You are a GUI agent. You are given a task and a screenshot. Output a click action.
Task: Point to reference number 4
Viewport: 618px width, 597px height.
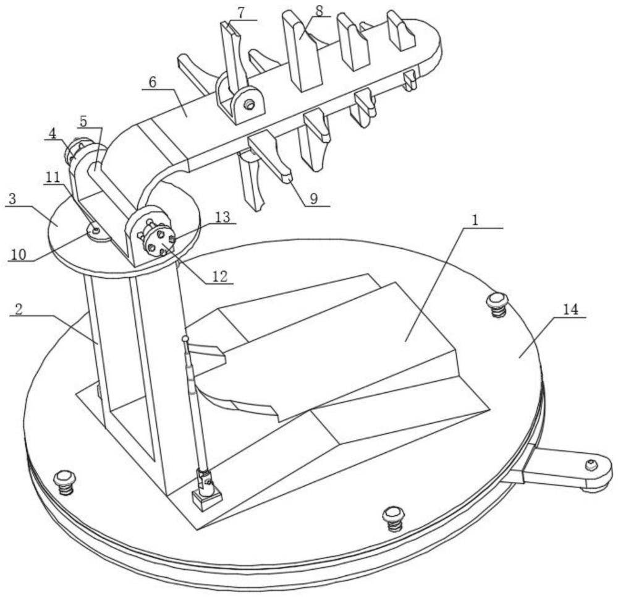(53, 132)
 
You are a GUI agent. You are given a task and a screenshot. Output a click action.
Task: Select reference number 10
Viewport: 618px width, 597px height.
(19, 255)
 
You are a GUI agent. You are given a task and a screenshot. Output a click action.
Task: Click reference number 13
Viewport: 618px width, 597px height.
(223, 217)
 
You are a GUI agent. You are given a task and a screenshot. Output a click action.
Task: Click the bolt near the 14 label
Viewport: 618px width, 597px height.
(497, 303)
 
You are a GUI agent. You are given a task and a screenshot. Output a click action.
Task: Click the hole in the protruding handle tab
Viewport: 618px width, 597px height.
(590, 465)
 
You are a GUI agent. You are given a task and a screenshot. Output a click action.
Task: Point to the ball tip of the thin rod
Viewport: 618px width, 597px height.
(185, 338)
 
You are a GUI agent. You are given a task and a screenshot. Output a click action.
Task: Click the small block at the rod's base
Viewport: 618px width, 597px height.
(207, 497)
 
